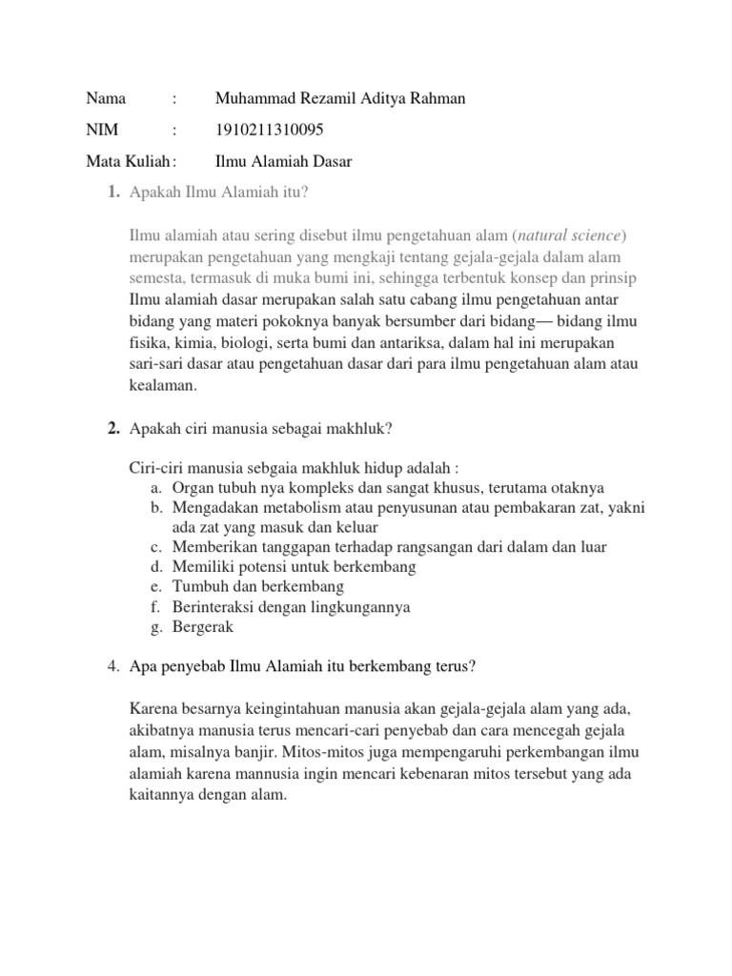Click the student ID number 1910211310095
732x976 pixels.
click(x=262, y=131)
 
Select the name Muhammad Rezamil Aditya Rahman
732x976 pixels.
click(x=341, y=99)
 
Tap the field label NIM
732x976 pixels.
click(x=100, y=131)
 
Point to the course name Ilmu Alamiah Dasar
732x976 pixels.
click(x=284, y=162)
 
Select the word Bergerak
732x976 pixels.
click(x=203, y=627)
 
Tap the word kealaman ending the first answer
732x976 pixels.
click(x=163, y=386)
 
